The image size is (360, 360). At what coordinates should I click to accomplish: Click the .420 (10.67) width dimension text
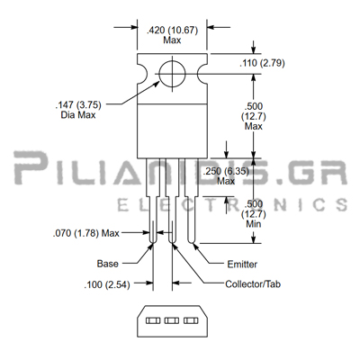[172, 31]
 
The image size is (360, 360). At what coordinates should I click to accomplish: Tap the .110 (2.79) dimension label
[262, 63]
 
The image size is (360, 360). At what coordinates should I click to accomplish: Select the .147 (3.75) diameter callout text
[78, 105]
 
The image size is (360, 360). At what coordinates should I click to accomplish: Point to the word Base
[108, 264]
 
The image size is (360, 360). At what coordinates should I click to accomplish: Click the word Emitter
[242, 265]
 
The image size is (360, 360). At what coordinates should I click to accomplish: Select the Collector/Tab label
[253, 284]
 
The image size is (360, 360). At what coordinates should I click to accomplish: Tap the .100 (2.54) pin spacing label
[107, 284]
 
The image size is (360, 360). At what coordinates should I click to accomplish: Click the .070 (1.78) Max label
[86, 233]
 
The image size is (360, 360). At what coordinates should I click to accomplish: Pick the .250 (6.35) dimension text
[226, 171]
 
